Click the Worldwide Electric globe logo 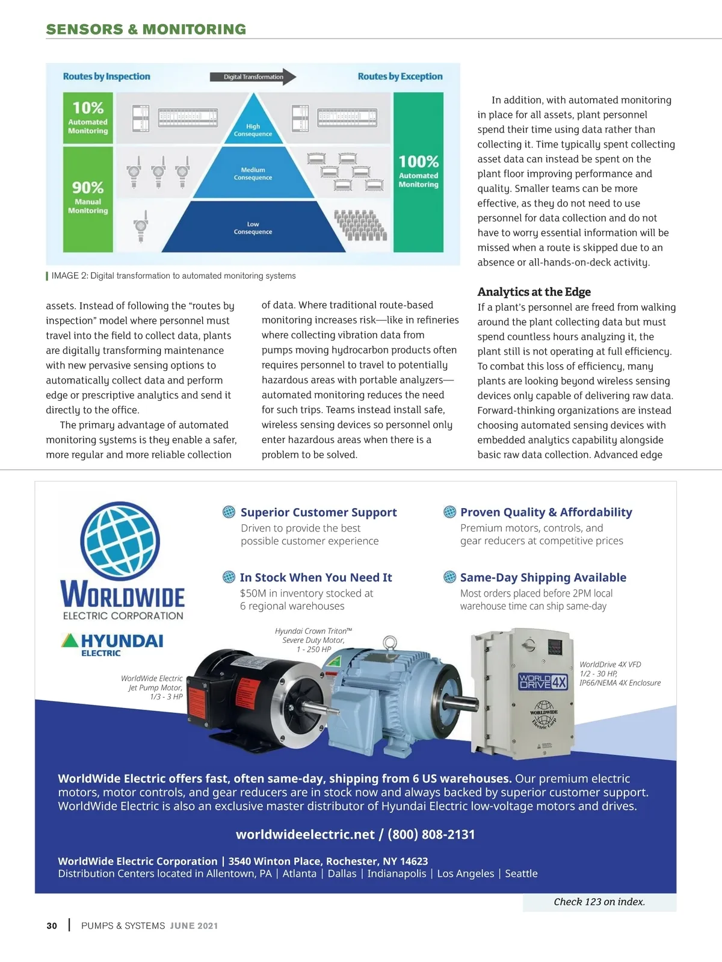pyautogui.click(x=120, y=541)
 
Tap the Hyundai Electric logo pyautogui.click(x=113, y=644)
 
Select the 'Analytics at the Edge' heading pyautogui.click(x=534, y=292)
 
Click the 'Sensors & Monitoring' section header pyautogui.click(x=146, y=29)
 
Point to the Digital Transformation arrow pyautogui.click(x=253, y=76)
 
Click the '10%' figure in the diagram pyautogui.click(x=88, y=108)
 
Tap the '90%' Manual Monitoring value pyautogui.click(x=88, y=187)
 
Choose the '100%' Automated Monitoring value pyautogui.click(x=418, y=161)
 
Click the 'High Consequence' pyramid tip pyautogui.click(x=253, y=124)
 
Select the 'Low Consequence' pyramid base pyautogui.click(x=253, y=228)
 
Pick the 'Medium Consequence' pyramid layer pyautogui.click(x=253, y=173)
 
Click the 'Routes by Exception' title pyautogui.click(x=400, y=76)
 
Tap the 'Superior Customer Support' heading pyautogui.click(x=318, y=512)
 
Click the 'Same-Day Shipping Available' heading pyautogui.click(x=543, y=577)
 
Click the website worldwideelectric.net pyautogui.click(x=305, y=834)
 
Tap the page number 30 pyautogui.click(x=52, y=926)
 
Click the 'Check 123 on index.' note pyautogui.click(x=599, y=902)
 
